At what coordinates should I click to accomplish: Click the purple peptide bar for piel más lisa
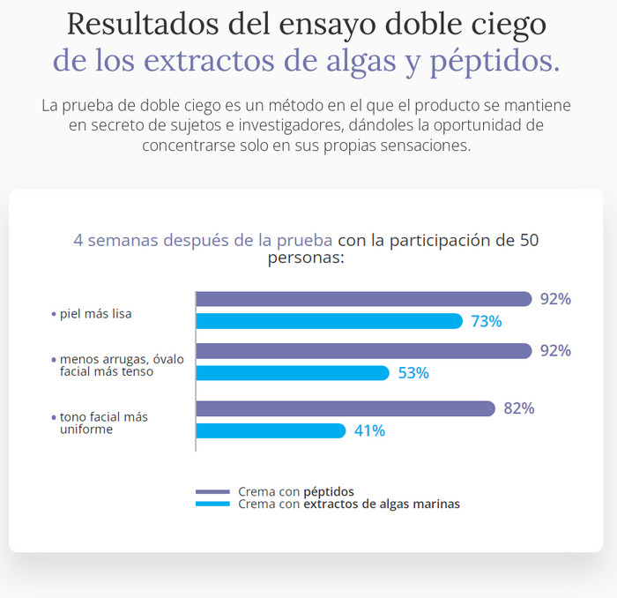[363, 298]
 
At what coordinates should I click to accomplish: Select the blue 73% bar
[329, 321]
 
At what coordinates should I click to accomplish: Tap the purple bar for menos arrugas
[363, 350]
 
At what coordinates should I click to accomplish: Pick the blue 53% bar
[292, 373]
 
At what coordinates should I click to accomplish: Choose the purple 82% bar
[345, 408]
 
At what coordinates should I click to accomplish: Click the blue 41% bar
[270, 430]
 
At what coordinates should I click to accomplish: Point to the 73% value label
[487, 321]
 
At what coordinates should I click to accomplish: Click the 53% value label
[413, 373]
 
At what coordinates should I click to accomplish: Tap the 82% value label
[519, 408]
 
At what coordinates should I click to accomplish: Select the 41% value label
[369, 430]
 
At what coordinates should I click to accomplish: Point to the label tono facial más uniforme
[103, 423]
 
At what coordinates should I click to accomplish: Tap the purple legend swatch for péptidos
[212, 491]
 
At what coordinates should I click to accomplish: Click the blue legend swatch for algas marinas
[212, 505]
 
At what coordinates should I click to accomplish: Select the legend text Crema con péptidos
[296, 491]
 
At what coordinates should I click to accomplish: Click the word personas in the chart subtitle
[304, 258]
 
